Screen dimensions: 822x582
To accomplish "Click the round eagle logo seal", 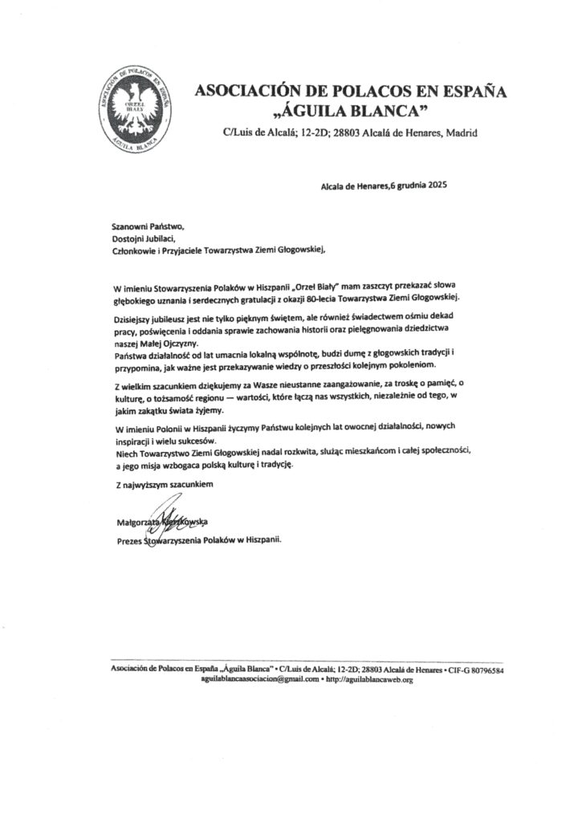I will pyautogui.click(x=135, y=110).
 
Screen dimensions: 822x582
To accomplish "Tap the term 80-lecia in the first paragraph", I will pyautogui.click(x=340, y=298).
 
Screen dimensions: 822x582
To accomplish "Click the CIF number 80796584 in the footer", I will pyautogui.click(x=482, y=669).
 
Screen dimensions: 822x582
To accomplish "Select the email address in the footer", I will pyautogui.click(x=260, y=679).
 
